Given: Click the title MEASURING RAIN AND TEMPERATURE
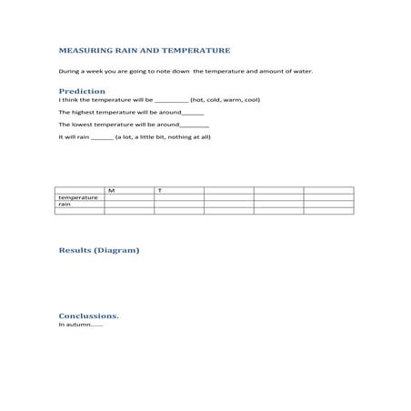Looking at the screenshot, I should tap(144, 51).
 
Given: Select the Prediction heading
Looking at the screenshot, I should tap(82, 92).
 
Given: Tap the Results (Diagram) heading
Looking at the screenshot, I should tap(99, 249).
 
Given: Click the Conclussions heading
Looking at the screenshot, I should tap(88, 316).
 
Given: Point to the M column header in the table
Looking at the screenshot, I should tap(111, 190).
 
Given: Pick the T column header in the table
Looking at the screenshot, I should tap(160, 190).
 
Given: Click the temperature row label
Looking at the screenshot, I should tap(78, 197).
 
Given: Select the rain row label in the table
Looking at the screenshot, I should tap(65, 205).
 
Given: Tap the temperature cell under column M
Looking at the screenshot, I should tap(128, 197).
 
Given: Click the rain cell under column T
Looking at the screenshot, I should tap(178, 205).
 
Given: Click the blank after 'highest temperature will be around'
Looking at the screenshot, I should tap(193, 113).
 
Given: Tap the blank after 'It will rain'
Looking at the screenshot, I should tap(102, 137).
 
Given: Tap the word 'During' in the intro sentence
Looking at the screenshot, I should tap(68, 70).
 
